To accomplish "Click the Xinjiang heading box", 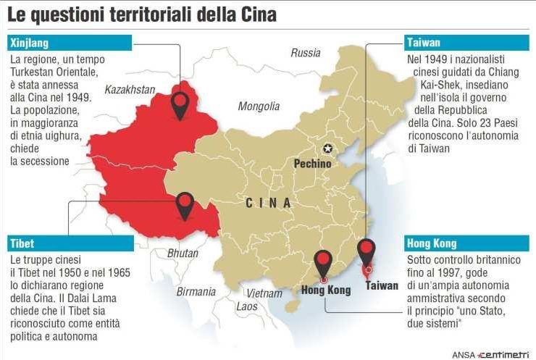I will click(70, 43).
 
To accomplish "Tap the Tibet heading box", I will click(70, 243).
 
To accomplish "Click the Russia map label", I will click(305, 53).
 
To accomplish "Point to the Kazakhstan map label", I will click(130, 90).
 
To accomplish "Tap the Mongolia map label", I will click(259, 106).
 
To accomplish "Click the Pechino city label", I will click(312, 164).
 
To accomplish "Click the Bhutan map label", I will click(182, 254).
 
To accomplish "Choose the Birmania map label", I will click(195, 291).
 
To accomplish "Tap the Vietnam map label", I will click(264, 293).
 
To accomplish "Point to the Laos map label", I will click(246, 306).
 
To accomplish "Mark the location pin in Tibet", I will click(185, 205).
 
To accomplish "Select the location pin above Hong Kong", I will click(322, 263).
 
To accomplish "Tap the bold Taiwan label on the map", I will click(382, 285).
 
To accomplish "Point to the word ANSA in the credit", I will click(464, 354).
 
